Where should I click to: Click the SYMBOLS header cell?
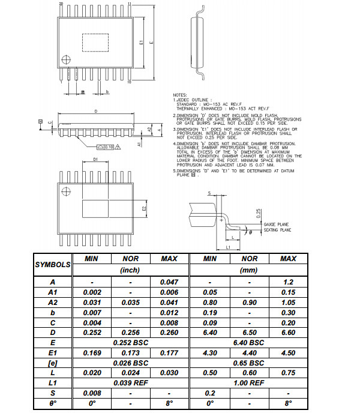[x=52, y=264]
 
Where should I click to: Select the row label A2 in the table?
[x=52, y=303]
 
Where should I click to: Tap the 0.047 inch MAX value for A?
[x=169, y=281]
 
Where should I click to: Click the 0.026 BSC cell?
[x=130, y=363]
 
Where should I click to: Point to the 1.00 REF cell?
[x=249, y=382]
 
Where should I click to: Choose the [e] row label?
[x=52, y=363]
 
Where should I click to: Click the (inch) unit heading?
[x=130, y=270]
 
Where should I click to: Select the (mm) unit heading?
[x=249, y=270]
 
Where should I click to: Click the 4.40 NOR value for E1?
[x=249, y=352]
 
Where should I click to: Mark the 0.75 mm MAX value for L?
[x=288, y=372]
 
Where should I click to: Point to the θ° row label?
[x=52, y=403]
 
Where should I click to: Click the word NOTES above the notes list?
[x=180, y=95]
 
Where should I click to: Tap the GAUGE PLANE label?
[x=277, y=224]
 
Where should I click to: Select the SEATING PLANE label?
[x=278, y=229]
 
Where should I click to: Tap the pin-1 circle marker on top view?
[x=67, y=59]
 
